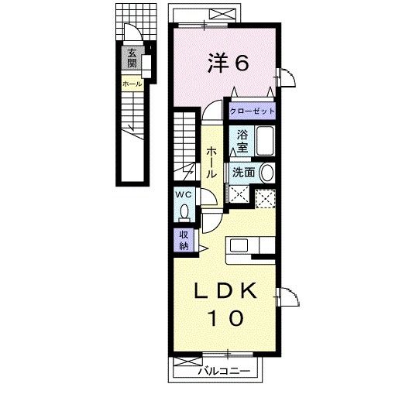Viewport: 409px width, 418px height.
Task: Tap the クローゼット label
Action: coord(251,111)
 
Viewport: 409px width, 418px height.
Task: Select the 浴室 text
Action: coord(242,141)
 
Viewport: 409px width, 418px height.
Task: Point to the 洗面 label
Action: coord(243,173)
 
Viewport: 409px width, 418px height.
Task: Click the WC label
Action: coord(184,194)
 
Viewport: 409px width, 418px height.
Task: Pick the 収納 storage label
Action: coord(184,240)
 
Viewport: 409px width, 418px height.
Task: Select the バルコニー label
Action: coord(223,372)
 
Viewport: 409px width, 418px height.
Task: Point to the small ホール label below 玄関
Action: coord(131,83)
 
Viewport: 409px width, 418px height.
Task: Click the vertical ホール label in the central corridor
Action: coord(211,163)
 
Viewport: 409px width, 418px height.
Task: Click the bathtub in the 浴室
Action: coord(264,142)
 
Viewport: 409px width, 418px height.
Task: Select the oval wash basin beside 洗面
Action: coord(266,173)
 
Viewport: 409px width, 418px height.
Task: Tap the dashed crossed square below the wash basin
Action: coord(266,197)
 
